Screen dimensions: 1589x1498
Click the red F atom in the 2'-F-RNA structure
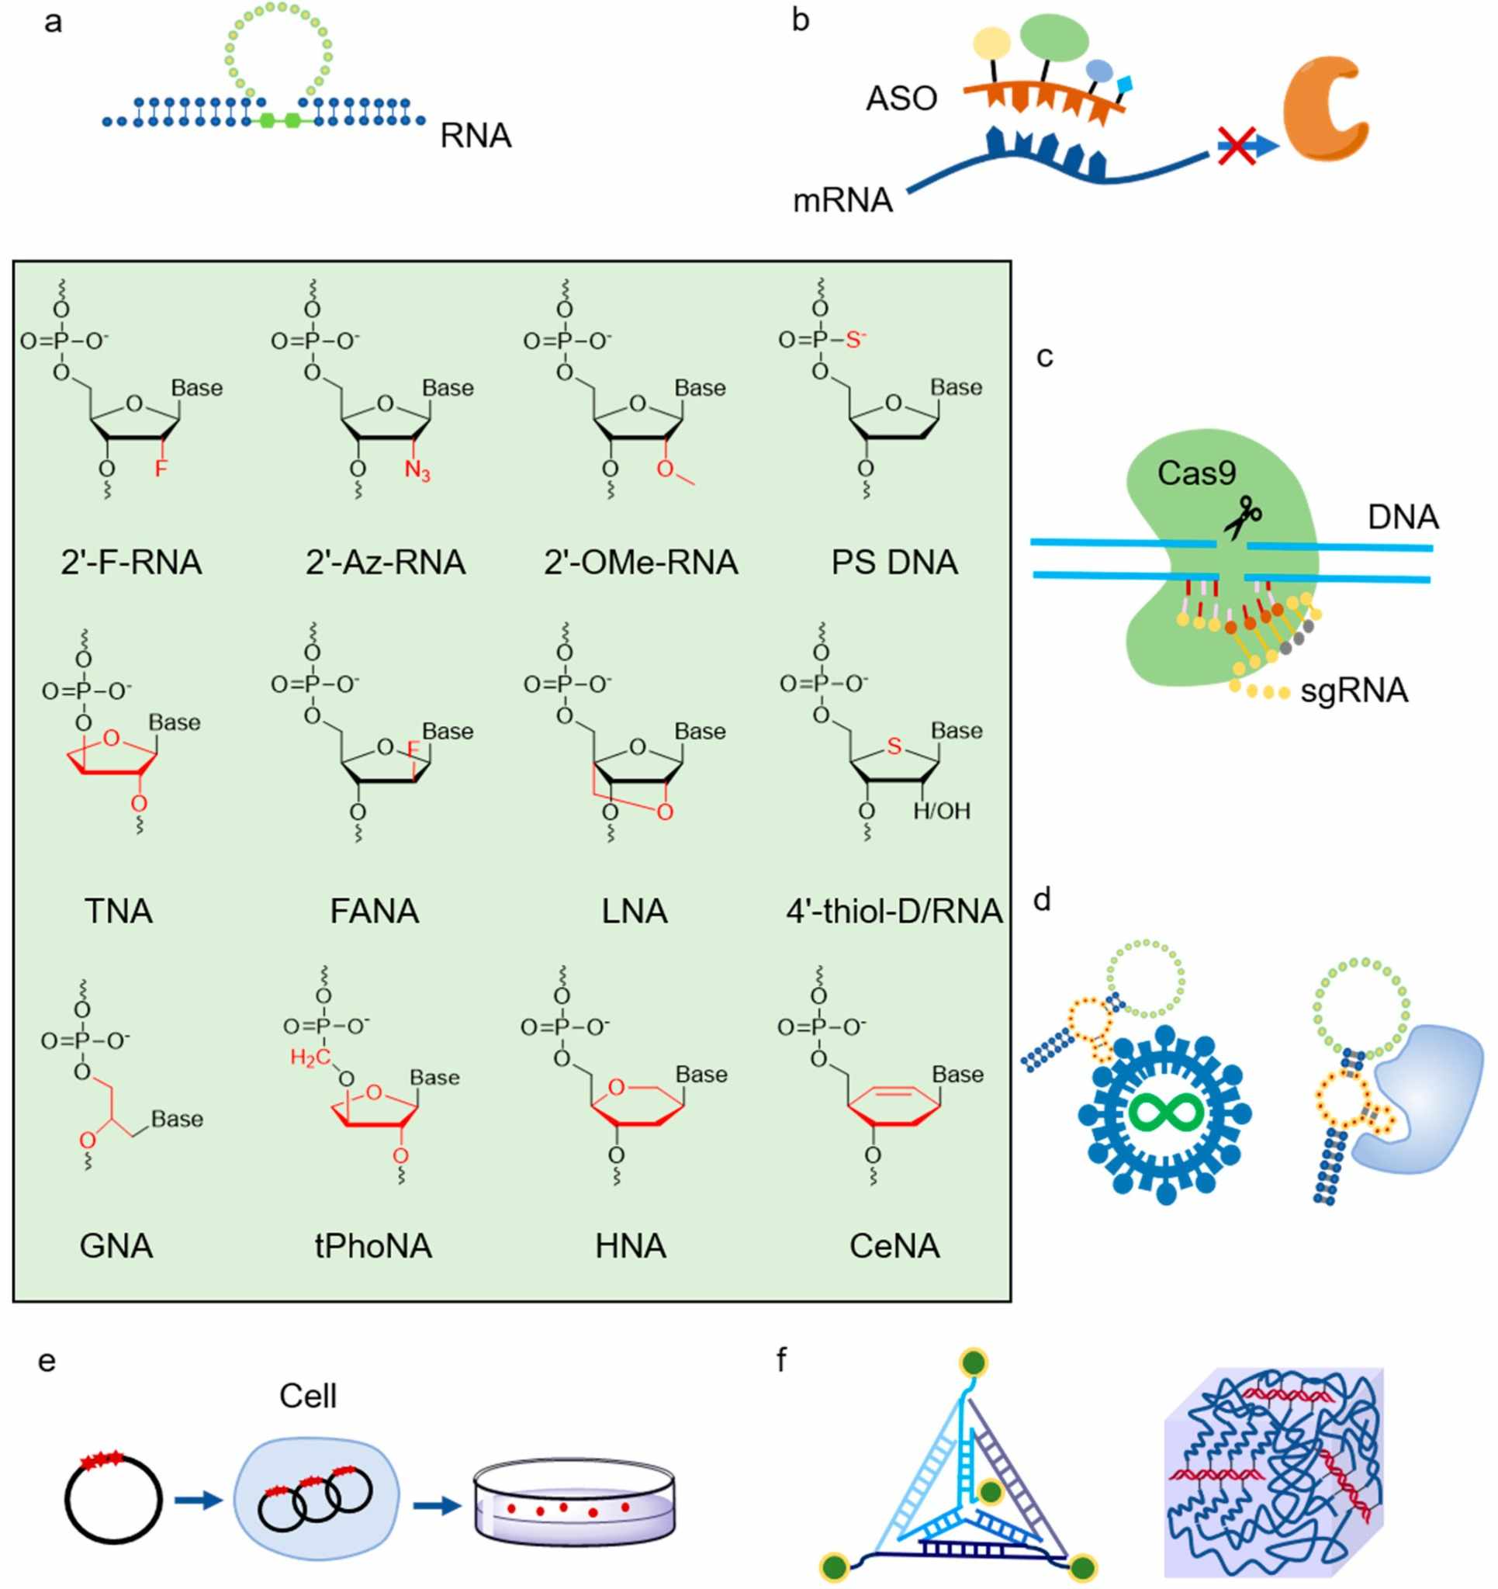click(161, 469)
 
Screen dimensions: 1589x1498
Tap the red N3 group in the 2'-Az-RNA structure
click(417, 470)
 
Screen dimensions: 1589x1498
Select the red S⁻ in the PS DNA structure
click(856, 340)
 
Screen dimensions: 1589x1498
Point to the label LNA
click(634, 911)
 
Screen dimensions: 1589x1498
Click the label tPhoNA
click(373, 1246)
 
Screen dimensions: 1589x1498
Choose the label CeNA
click(894, 1246)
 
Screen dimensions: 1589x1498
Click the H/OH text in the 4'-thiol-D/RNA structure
click(942, 812)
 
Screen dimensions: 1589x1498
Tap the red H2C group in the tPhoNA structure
click(310, 1058)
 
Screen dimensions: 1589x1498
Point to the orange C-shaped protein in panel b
click(1323, 108)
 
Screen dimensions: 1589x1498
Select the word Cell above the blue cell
click(308, 1397)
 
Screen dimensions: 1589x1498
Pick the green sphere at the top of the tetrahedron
click(974, 1362)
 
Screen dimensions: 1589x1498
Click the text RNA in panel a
click(476, 137)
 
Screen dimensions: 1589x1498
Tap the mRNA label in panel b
click(842, 201)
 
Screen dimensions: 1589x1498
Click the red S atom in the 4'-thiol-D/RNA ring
click(894, 746)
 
